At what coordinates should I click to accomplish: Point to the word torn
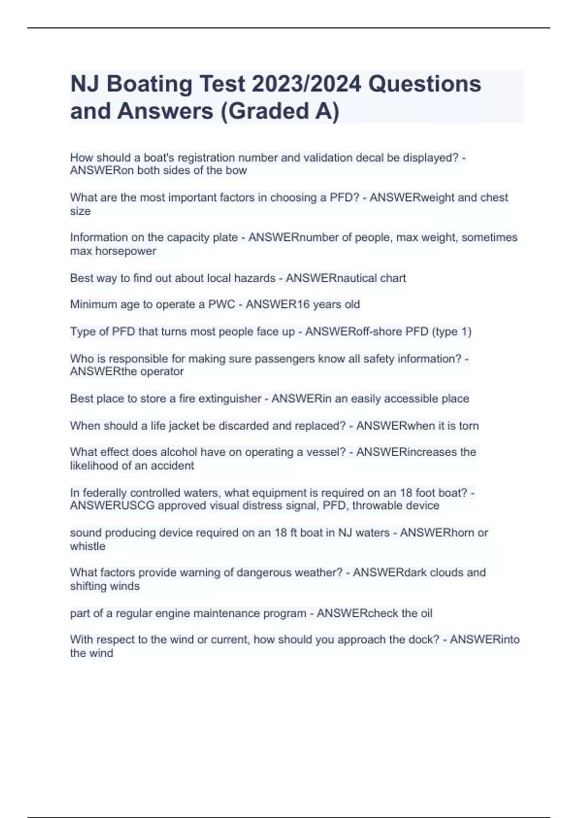pos(469,426)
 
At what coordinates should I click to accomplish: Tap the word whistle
pos(88,547)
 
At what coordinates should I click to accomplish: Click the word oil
pos(426,613)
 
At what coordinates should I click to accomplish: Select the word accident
pos(172,466)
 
